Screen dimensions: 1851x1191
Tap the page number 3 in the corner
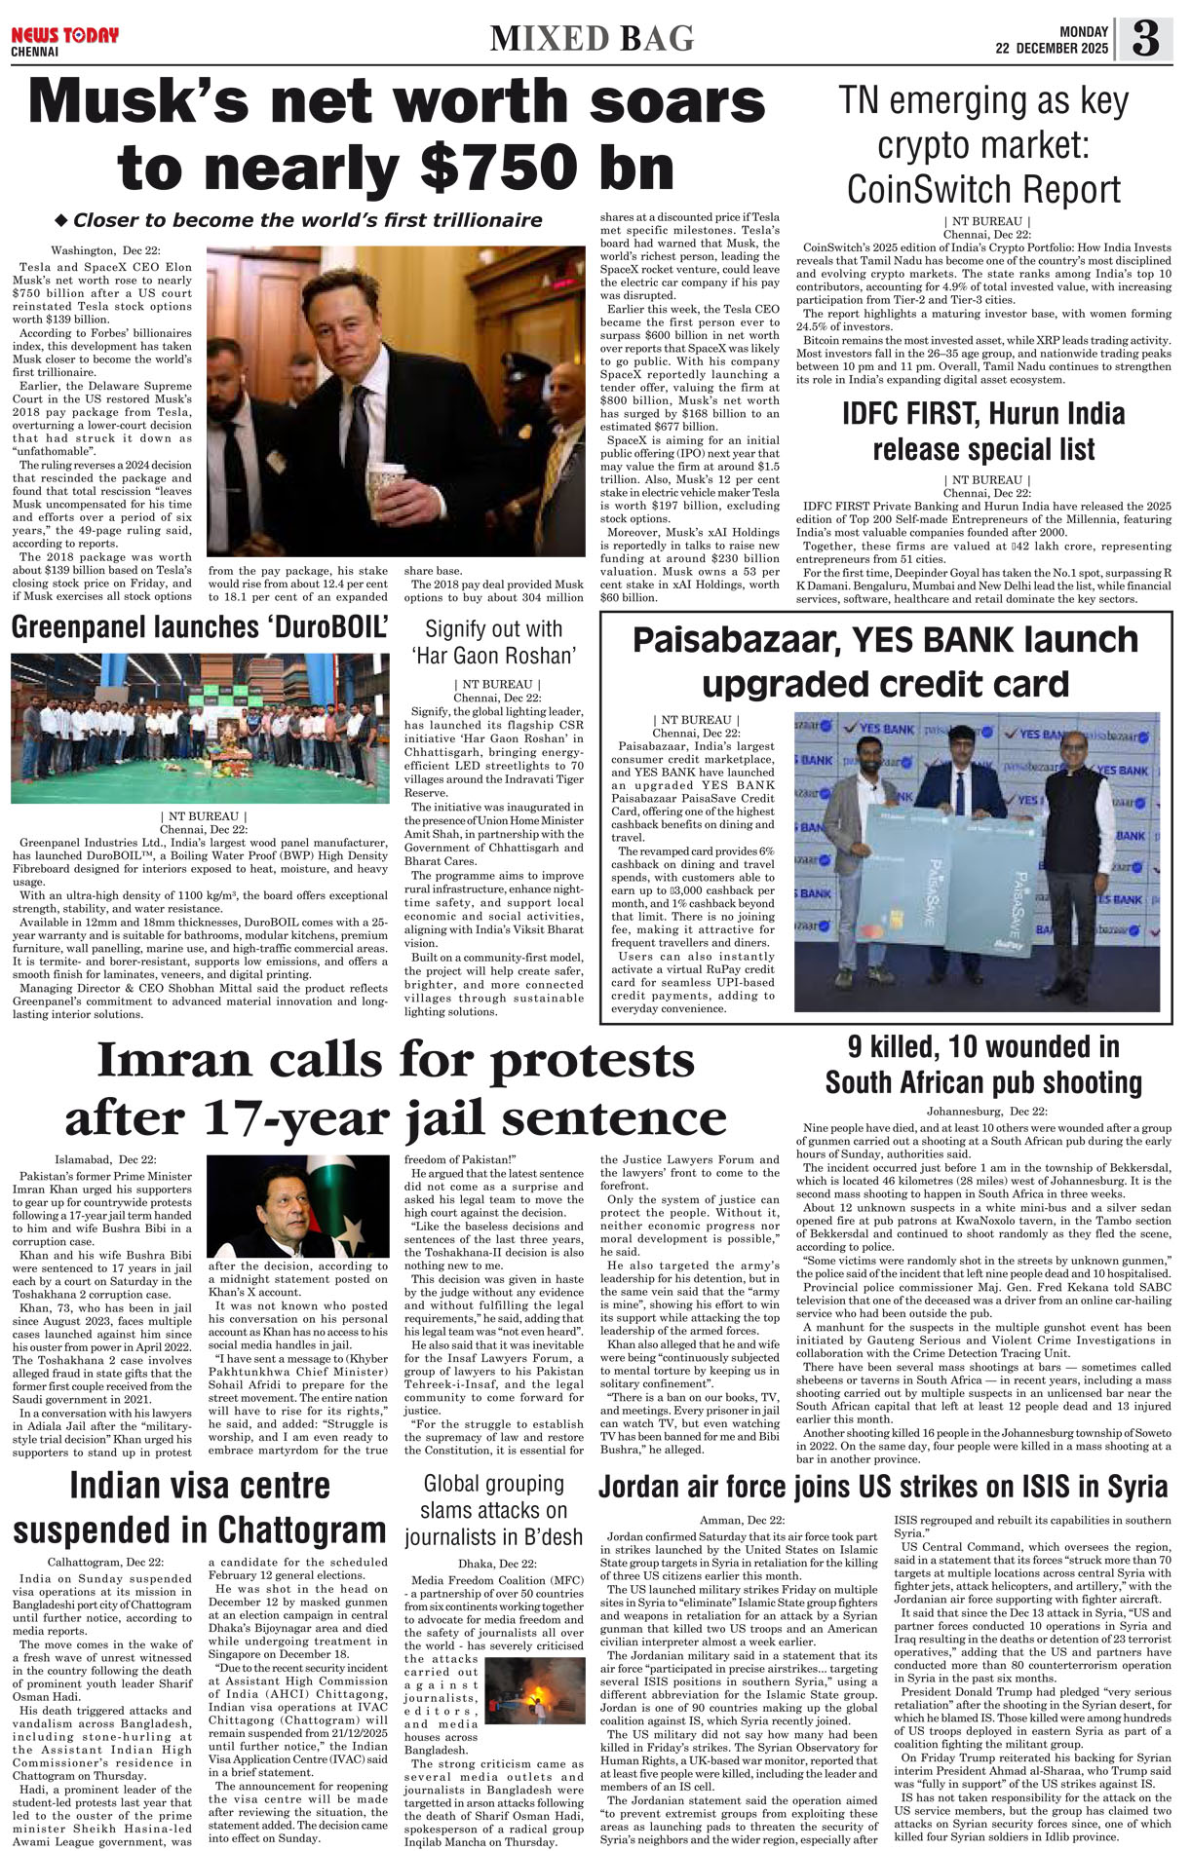[x=1145, y=40]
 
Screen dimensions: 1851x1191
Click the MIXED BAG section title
[x=592, y=39]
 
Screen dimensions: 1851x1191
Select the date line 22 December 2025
[x=1052, y=49]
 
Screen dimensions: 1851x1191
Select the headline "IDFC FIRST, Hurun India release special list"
[x=983, y=432]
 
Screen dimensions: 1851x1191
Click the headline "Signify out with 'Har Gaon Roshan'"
[x=494, y=641]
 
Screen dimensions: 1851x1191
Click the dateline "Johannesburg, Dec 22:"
[x=986, y=1112]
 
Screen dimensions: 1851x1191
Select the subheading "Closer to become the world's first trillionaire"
[x=307, y=220]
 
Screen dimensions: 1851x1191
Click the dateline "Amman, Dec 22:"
[x=742, y=1520]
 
